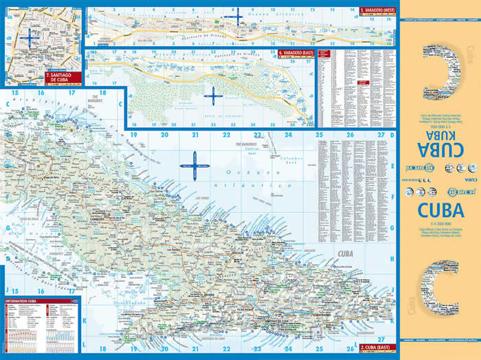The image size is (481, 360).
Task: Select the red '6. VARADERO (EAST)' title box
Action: [298, 53]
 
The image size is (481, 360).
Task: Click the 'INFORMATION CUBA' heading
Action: [25, 302]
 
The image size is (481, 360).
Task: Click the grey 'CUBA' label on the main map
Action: [344, 260]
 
